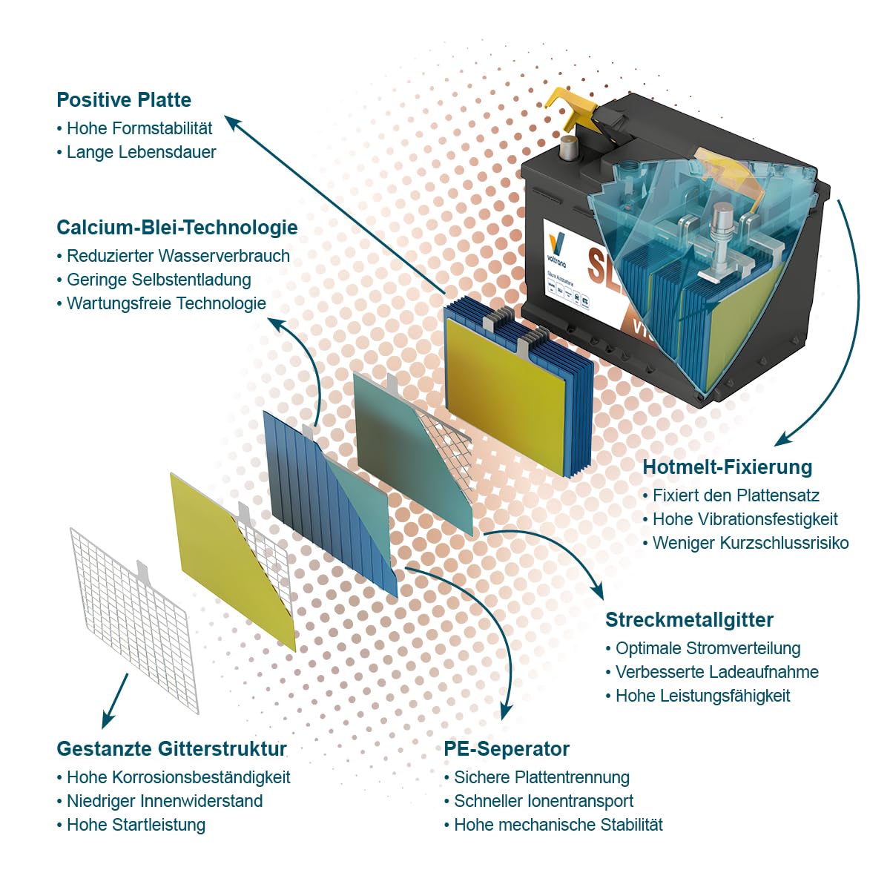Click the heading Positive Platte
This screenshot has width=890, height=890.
124,100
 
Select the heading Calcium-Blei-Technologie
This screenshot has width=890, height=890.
177,227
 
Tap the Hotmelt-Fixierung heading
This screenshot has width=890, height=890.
728,467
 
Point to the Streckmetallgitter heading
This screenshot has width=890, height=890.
689,620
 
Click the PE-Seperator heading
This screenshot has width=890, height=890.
507,748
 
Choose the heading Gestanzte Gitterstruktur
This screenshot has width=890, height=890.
171,748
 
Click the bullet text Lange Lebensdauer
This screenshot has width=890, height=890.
142,152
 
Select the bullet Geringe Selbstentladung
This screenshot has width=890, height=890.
159,280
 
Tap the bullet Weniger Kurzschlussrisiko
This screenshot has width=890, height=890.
751,543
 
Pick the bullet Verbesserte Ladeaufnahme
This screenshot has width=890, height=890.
716,672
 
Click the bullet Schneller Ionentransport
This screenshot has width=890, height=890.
544,801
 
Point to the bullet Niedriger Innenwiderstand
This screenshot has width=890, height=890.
165,801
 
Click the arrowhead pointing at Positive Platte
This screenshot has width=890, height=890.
232,123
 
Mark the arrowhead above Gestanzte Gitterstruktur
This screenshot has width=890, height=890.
109,719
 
